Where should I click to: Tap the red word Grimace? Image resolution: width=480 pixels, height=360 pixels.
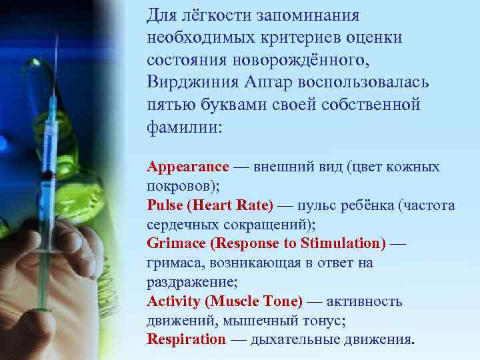point(175,243)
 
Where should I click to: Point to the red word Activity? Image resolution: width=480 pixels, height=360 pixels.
point(173,301)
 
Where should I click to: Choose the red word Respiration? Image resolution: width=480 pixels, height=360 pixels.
point(187,339)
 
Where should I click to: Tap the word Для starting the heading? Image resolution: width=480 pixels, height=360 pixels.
point(161,15)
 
